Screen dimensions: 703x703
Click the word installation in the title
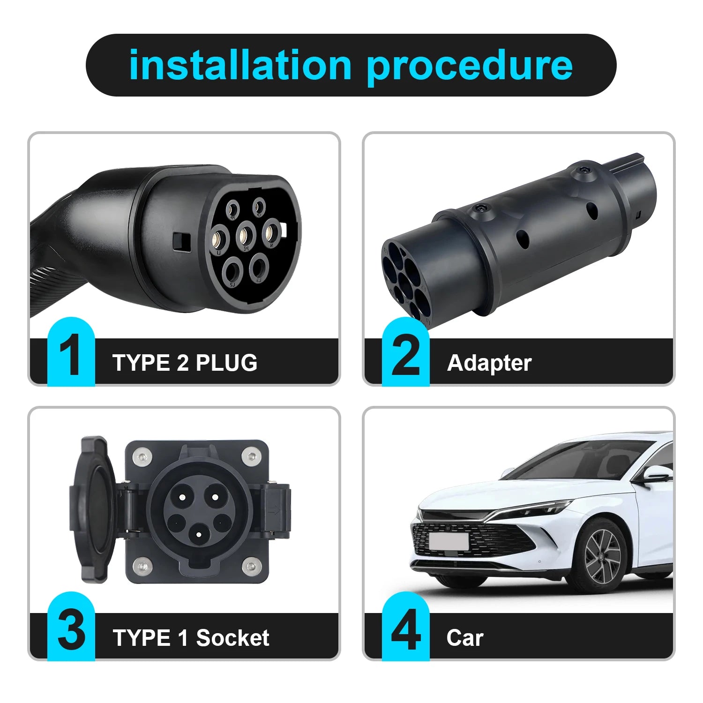tap(240, 65)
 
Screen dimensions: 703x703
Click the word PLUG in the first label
tap(226, 363)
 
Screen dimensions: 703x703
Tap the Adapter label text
tap(489, 363)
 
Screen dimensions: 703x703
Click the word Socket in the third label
tap(232, 637)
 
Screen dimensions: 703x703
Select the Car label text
tap(464, 637)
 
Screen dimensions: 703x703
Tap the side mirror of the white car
tap(655, 474)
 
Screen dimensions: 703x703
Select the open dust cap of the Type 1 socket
tap(92, 510)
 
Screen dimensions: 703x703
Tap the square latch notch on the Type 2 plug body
tap(180, 241)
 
